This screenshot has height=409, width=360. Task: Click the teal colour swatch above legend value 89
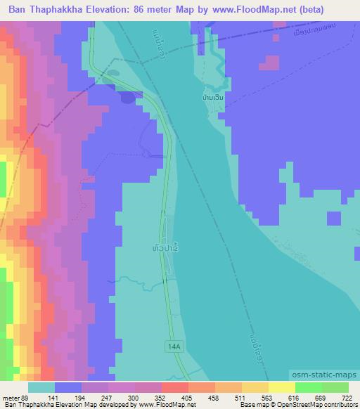(42, 387)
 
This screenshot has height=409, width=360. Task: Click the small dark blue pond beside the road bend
(127, 97)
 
